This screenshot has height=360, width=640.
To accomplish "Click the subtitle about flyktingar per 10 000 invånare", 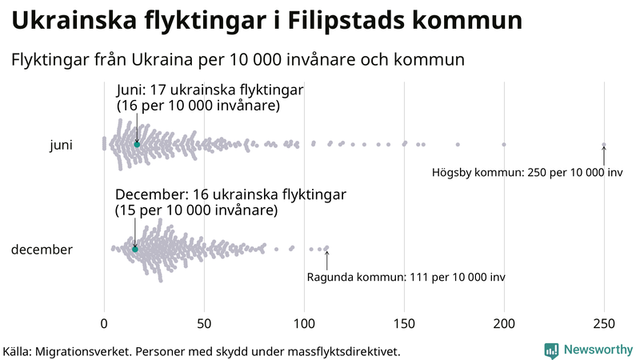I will point(238,60).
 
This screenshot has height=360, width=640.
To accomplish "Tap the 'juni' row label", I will point(61,145).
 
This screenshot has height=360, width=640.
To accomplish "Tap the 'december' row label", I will point(42,250).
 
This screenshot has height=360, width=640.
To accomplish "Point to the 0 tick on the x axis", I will point(104,323).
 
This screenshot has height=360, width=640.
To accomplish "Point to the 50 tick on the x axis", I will point(204,323).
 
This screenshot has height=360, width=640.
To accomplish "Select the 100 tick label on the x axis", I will point(304,323).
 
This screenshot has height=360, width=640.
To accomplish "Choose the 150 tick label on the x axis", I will point(404,323).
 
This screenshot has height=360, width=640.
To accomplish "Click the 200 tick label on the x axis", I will point(504,323).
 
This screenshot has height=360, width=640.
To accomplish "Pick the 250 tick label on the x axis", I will point(604,323).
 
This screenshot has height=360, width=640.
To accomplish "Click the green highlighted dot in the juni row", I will point(137,144).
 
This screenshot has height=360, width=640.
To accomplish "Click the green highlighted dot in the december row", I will point(135,250).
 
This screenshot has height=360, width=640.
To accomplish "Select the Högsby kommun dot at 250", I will point(604,145).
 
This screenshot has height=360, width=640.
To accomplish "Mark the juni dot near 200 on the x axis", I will point(504,145).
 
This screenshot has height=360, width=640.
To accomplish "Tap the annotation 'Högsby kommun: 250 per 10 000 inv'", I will point(527,172).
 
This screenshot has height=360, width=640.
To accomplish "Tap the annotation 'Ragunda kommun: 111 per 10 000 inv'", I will point(406,278).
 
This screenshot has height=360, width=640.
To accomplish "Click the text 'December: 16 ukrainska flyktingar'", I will point(230,195).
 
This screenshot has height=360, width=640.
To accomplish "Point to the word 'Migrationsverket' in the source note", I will point(93,351).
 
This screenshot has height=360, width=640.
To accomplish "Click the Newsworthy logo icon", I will point(551,350).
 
